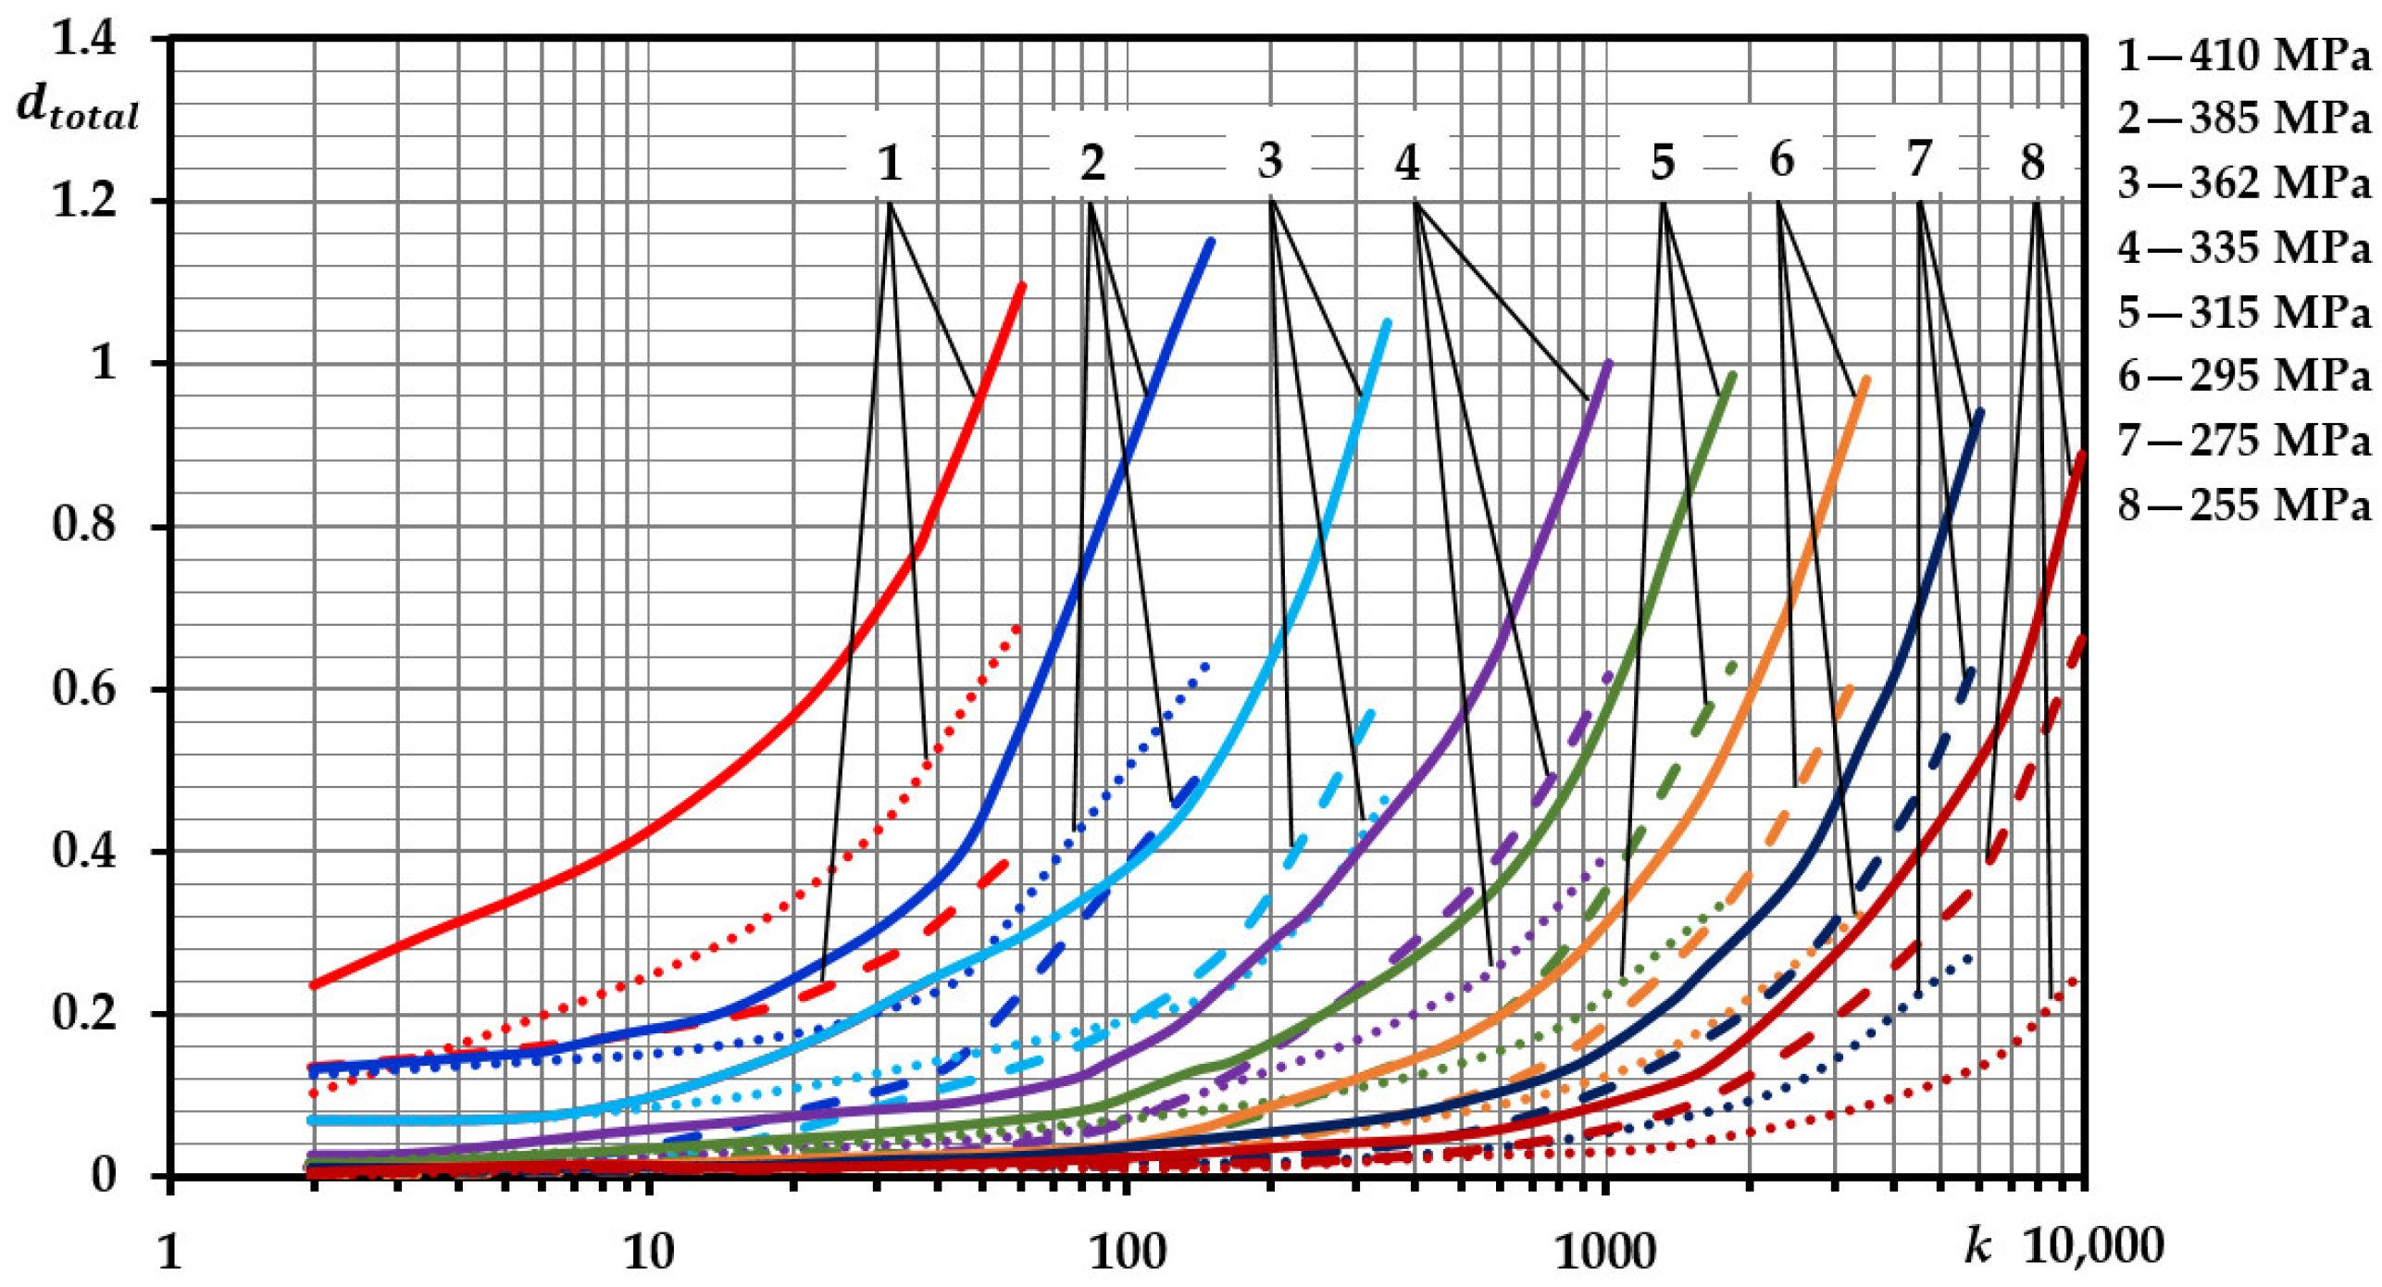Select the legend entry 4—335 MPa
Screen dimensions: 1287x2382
(2244, 247)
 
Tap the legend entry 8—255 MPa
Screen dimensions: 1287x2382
(2244, 505)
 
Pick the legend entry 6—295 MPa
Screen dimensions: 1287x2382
(2244, 376)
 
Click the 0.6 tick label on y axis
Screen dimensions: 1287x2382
(84, 689)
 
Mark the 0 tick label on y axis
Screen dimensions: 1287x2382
(103, 1175)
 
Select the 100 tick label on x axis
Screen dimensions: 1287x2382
(1126, 1252)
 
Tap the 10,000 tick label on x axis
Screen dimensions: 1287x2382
(2093, 1246)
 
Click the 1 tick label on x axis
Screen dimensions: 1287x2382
(169, 1252)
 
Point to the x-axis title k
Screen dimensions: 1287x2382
(1977, 1246)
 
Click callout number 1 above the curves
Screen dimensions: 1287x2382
(890, 163)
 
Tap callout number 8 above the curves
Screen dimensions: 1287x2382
(2032, 163)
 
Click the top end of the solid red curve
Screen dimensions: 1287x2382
(1022, 285)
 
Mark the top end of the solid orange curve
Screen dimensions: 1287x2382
(1866, 379)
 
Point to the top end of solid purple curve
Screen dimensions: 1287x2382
(1608, 363)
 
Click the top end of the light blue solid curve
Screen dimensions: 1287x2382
(1387, 322)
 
